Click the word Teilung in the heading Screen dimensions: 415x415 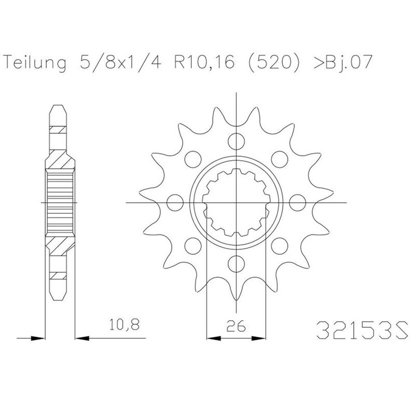pos(35,63)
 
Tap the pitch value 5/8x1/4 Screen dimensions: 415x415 pos(120,62)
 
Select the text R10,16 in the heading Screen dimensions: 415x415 pos(204,62)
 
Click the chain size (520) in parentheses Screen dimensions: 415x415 pos(274,62)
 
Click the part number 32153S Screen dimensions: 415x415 pos(362,330)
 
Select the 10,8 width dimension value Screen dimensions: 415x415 pos(124,325)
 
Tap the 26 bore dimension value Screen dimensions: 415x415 pos(236,326)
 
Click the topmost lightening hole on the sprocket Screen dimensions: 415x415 pos(236,141)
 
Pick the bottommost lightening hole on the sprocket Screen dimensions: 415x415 pos(236,264)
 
